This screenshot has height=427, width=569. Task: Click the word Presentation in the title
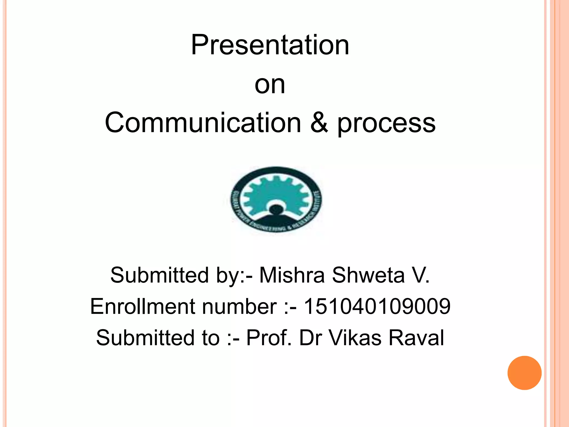270,45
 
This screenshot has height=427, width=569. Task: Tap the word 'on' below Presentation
270,85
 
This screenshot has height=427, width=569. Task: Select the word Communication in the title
203,123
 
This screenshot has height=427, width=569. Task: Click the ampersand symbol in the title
319,123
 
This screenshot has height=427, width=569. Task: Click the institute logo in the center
276,200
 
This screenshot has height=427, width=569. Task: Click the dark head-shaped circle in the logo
276,209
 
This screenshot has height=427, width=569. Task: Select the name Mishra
292,275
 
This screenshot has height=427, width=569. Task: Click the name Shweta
368,275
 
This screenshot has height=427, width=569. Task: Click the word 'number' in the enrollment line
239,306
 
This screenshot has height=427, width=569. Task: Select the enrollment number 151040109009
377,306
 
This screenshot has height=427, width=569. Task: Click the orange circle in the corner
524,373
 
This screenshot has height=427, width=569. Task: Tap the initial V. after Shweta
421,275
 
